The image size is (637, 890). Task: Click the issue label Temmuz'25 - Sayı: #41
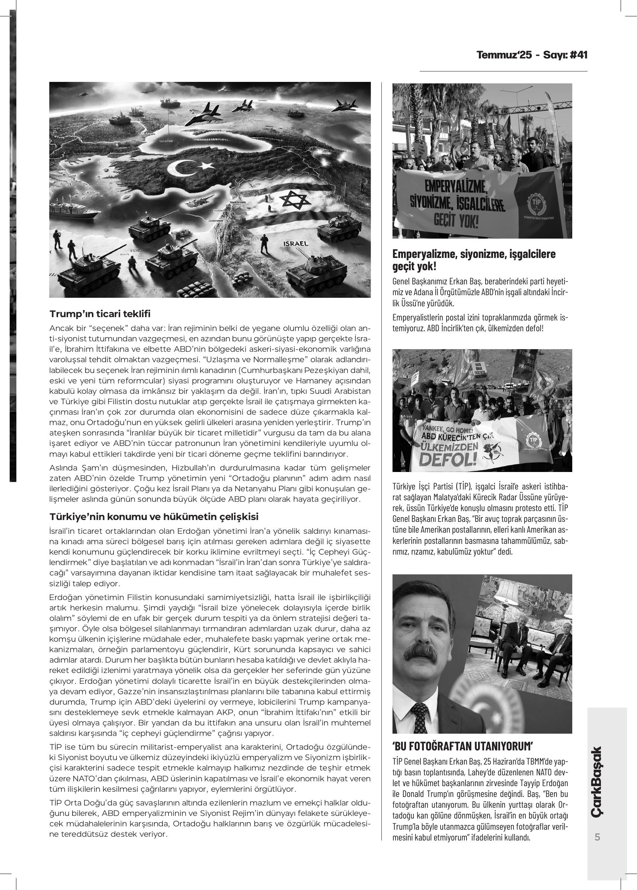pos(532,55)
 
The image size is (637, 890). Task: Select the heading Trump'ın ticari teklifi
pos(100,314)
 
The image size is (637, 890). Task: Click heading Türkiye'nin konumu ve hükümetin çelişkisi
pos(154,516)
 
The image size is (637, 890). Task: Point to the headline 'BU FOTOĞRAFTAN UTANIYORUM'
pos(463,746)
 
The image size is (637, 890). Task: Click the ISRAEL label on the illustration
pos(295,243)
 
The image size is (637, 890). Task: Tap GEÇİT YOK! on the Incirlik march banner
pos(456,221)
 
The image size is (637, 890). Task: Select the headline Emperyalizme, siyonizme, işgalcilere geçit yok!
pos(473,260)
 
